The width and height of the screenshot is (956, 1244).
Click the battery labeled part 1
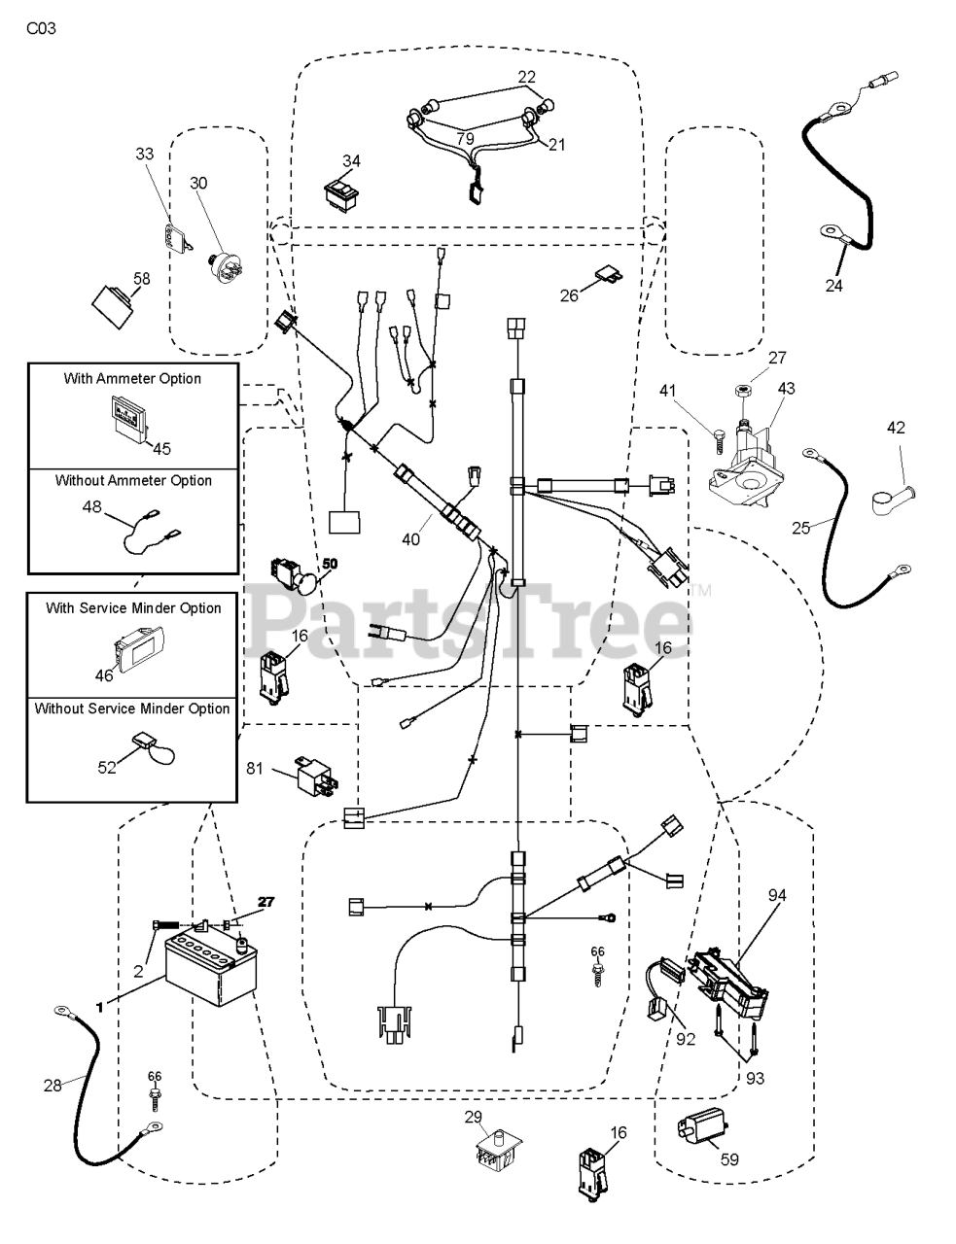[x=211, y=970]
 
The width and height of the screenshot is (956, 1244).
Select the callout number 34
[x=351, y=161]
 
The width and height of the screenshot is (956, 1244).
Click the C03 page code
[x=41, y=28]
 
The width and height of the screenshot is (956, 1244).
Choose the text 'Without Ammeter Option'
[x=133, y=480]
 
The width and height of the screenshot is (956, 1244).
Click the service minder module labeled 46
[x=138, y=645]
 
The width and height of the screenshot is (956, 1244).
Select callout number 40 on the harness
[x=410, y=539]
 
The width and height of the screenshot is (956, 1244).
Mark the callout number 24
[x=833, y=285]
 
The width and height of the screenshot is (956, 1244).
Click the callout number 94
[x=777, y=895]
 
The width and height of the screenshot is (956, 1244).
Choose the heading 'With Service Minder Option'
[x=133, y=608]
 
